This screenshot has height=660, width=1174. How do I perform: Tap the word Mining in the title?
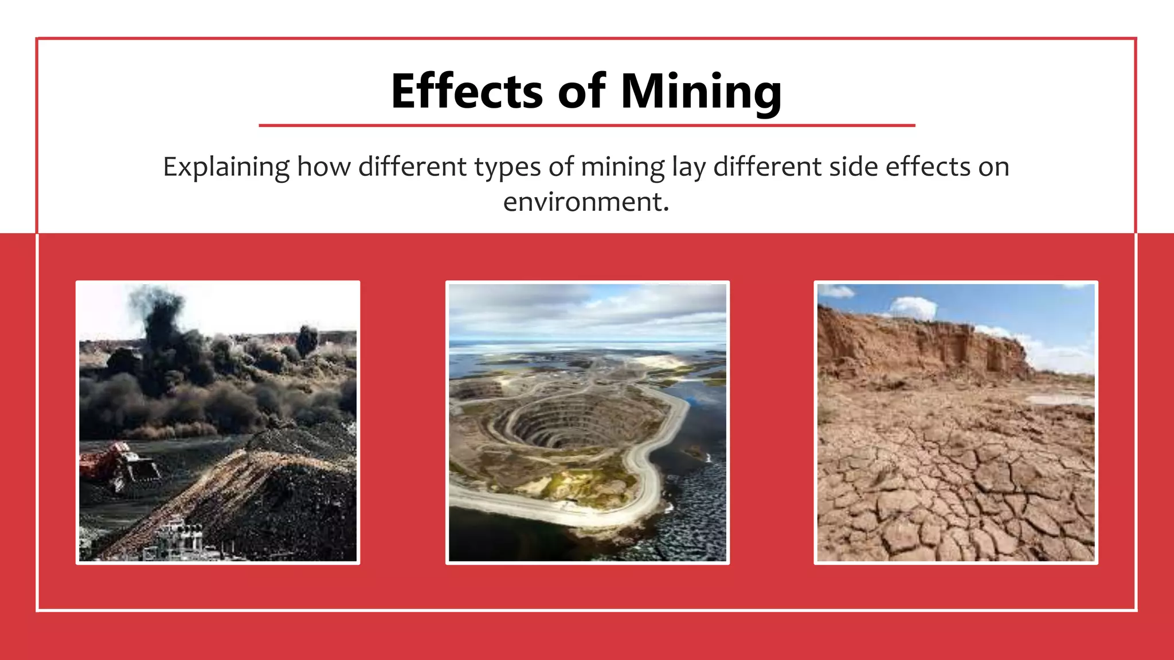pos(701,92)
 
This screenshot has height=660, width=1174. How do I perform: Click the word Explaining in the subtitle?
pos(226,167)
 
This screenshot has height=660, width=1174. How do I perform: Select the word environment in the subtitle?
pos(586,202)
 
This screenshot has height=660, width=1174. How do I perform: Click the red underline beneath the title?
pos(586,125)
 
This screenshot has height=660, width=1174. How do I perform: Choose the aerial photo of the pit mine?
pos(587,422)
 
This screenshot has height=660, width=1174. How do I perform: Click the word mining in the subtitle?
pos(623,167)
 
